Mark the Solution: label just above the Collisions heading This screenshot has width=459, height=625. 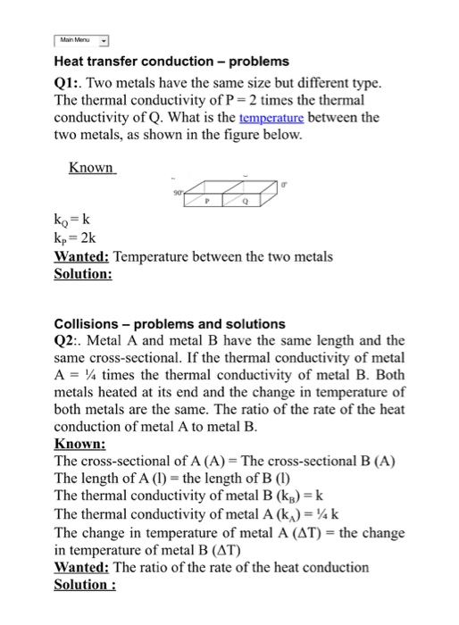[x=83, y=273]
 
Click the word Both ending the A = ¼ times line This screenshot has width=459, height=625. [x=386, y=375]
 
